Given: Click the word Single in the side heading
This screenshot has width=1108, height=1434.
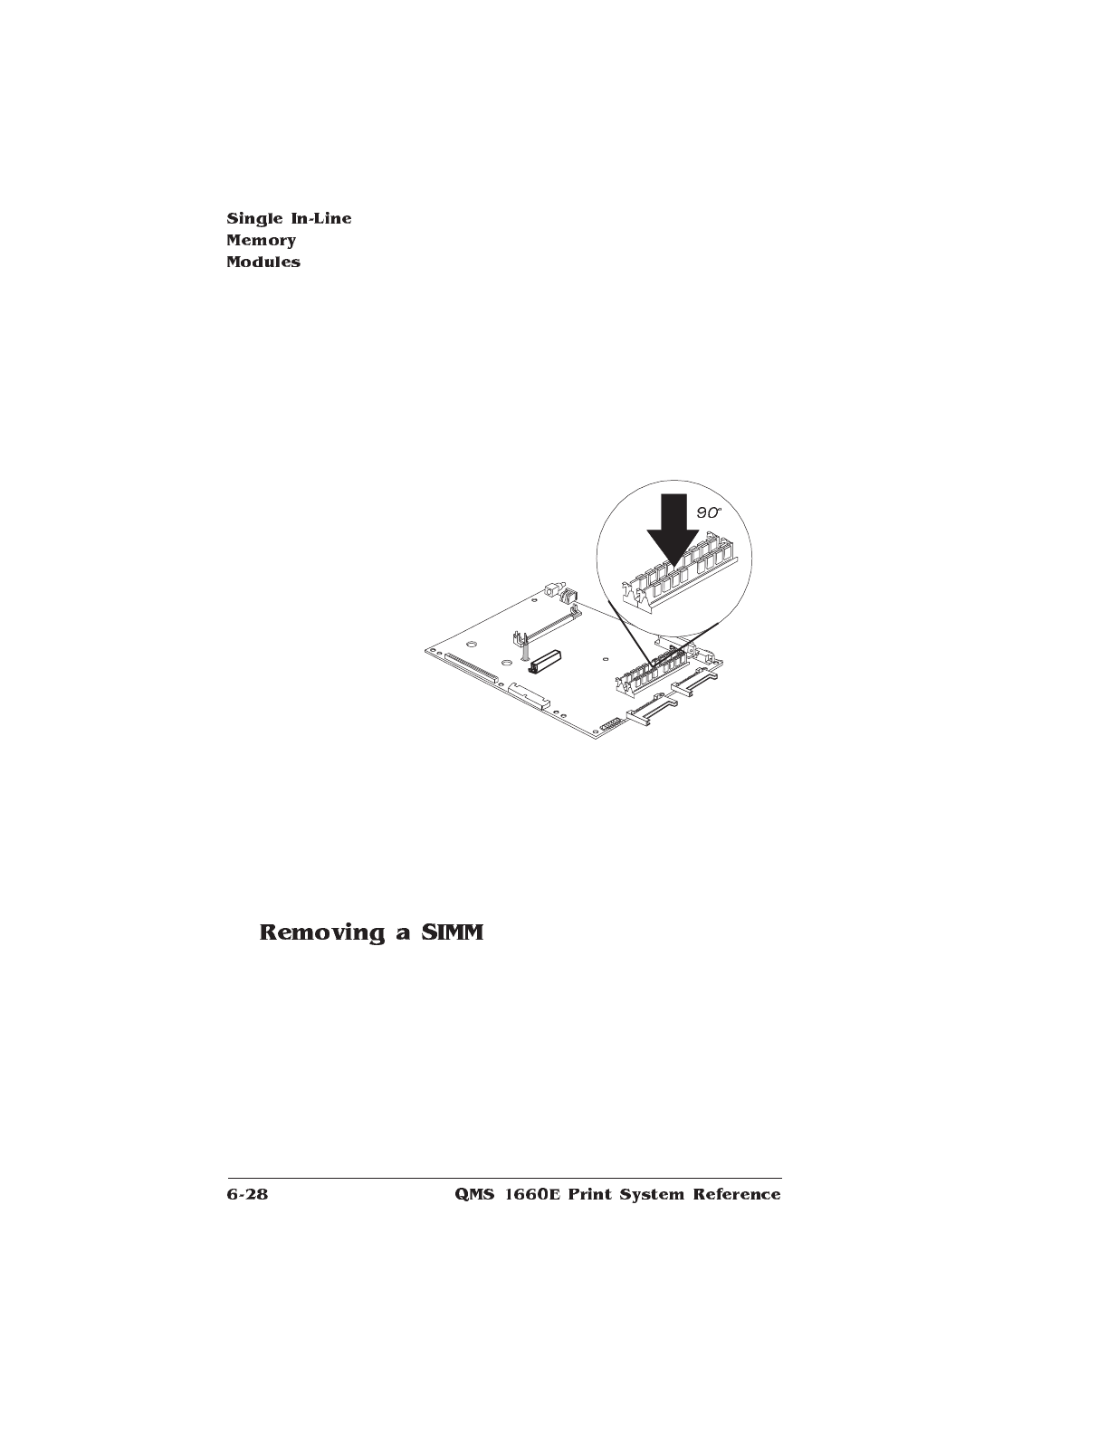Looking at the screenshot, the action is pyautogui.click(x=251, y=219).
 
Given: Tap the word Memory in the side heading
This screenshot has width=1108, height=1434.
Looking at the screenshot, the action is pyautogui.click(x=262, y=241).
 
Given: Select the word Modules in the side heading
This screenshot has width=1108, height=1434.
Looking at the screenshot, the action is pyautogui.click(x=263, y=263).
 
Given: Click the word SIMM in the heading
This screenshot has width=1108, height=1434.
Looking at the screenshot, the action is pyautogui.click(x=452, y=932).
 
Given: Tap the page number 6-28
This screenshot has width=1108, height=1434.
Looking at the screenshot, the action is pyautogui.click(x=248, y=1195).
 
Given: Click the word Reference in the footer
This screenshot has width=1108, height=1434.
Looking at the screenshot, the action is pyautogui.click(x=736, y=1195).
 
